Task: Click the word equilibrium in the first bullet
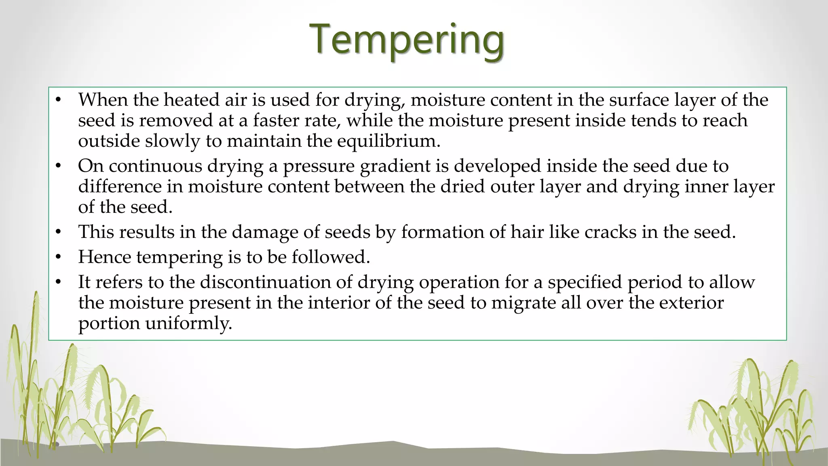click(x=388, y=141)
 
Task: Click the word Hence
click(x=104, y=257)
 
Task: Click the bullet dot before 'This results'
click(x=59, y=232)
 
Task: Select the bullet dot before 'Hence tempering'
click(x=59, y=257)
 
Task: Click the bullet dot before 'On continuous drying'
click(x=59, y=166)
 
